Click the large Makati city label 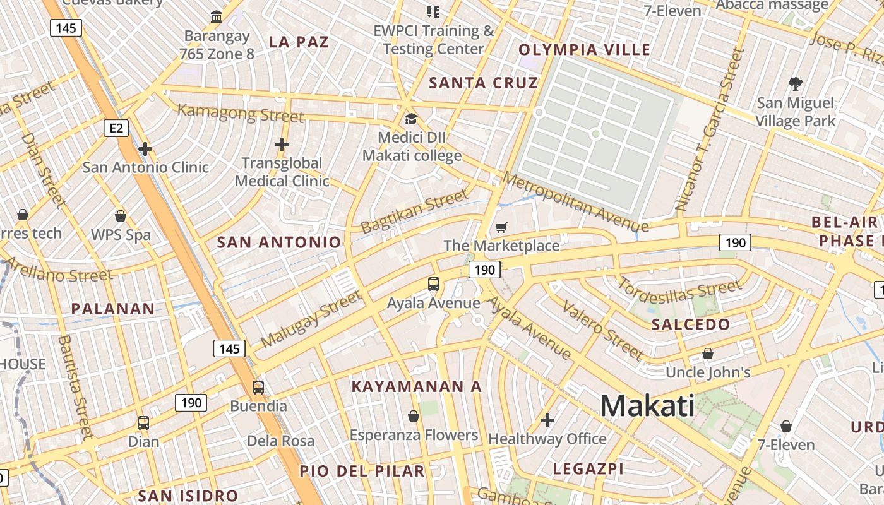pyautogui.click(x=647, y=405)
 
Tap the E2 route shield pyautogui.click(x=116, y=129)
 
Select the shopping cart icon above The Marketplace pyautogui.click(x=501, y=227)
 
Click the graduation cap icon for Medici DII pyautogui.click(x=411, y=119)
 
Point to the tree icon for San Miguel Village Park pyautogui.click(x=795, y=83)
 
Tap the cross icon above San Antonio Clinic pyautogui.click(x=145, y=149)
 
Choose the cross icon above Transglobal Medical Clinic pyautogui.click(x=282, y=145)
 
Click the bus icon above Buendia pyautogui.click(x=258, y=387)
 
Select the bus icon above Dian pyautogui.click(x=143, y=422)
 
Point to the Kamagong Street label pyautogui.click(x=240, y=114)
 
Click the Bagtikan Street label pyautogui.click(x=415, y=212)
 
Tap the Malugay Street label pyautogui.click(x=311, y=319)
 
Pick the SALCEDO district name pyautogui.click(x=690, y=324)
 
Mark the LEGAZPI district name pyautogui.click(x=588, y=468)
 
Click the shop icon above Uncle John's pyautogui.click(x=708, y=353)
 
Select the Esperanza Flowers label pyautogui.click(x=414, y=435)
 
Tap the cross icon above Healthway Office pyautogui.click(x=547, y=420)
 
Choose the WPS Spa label pyautogui.click(x=121, y=235)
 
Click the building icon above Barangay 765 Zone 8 pyautogui.click(x=217, y=16)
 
